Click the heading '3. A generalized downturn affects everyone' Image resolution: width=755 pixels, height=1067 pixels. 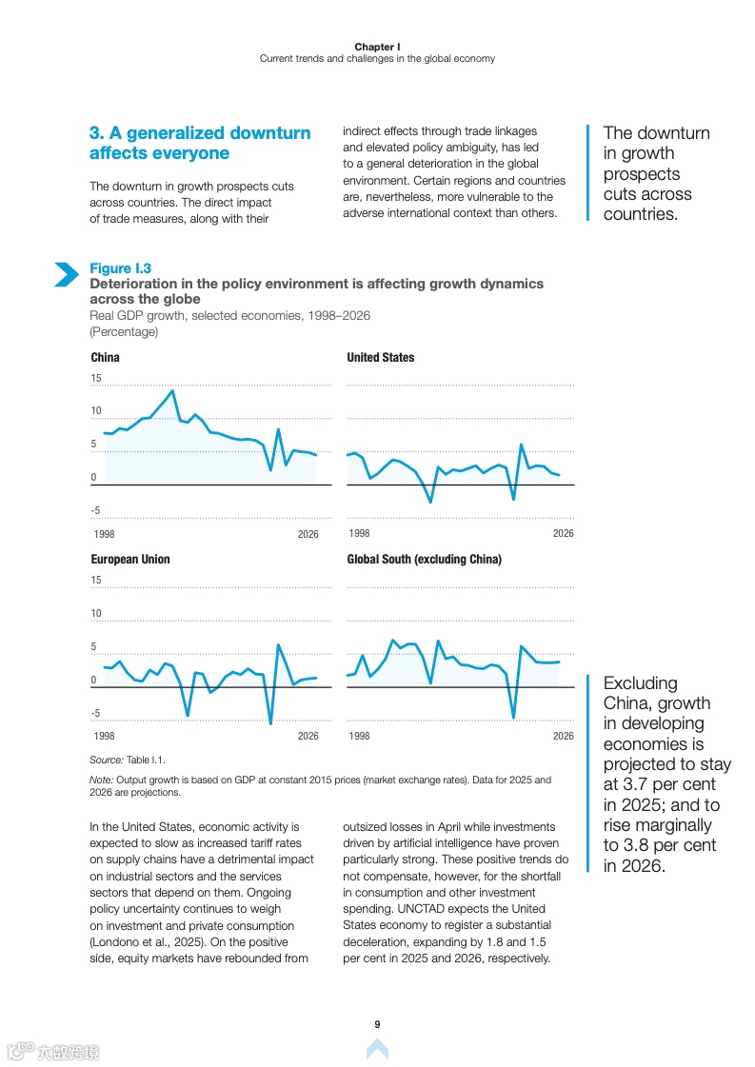pos(200,143)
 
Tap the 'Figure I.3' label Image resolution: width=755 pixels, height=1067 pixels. pos(120,268)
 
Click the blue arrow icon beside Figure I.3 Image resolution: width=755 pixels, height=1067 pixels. pos(66,274)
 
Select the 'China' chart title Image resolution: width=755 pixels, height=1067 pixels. pos(105,357)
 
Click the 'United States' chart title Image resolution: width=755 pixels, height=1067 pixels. pos(381,357)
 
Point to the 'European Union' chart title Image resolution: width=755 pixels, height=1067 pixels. pos(130,559)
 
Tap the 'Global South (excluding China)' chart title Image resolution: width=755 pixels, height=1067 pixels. pos(424,559)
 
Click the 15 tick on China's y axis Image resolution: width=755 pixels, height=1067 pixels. pos(96,379)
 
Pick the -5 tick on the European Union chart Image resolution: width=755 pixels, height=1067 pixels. pos(95,713)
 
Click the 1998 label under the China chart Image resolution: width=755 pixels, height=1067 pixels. pos(102,534)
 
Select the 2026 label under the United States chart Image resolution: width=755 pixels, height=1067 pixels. pos(564,533)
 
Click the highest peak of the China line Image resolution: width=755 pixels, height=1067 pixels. pos(172,390)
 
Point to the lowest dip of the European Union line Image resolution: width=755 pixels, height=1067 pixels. pos(270,723)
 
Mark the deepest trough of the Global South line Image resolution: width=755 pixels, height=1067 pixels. pos(513,717)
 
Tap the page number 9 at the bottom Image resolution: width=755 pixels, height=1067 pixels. pos(377,1024)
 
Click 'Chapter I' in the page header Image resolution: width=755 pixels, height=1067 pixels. pos(377,47)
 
